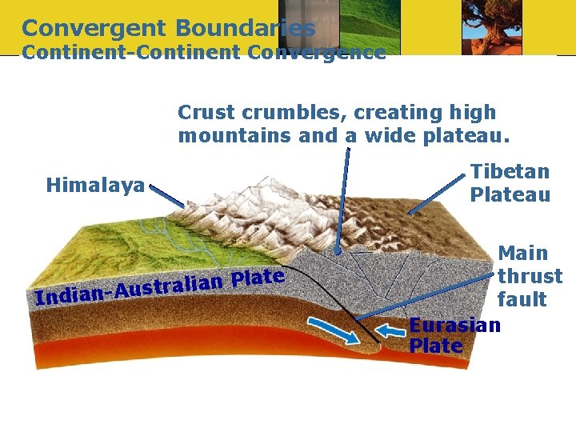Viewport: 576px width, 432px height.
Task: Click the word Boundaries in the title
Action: (245, 29)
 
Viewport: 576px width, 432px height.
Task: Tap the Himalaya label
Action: (95, 186)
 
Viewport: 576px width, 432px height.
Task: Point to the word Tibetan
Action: (510, 171)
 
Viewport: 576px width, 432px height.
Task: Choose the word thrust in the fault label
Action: (530, 277)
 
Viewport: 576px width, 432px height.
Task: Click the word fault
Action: (522, 300)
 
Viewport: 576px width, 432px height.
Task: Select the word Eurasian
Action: (454, 325)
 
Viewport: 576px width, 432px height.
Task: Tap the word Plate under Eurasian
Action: (435, 346)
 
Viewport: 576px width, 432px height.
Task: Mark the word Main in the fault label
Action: (523, 254)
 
